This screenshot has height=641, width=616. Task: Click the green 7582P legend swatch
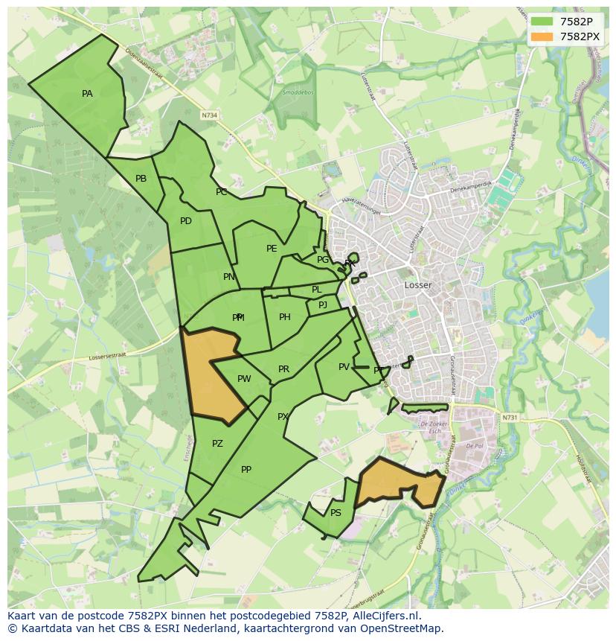[x=542, y=21]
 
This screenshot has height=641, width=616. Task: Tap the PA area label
[x=88, y=94]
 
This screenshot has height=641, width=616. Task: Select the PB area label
[x=141, y=179]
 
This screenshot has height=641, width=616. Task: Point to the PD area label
[x=186, y=221]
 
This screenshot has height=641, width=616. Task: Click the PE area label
[x=272, y=249]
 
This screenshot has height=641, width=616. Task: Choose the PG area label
[x=323, y=260]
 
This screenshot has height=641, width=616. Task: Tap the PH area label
[x=285, y=317]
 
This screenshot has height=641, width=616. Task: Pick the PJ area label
[x=323, y=305]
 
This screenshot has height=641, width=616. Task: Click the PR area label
[x=283, y=369]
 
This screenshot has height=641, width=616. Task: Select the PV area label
[x=344, y=367]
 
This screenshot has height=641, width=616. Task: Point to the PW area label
[x=244, y=379]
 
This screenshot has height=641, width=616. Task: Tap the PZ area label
[x=217, y=444]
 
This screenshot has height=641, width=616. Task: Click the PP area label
[x=246, y=470]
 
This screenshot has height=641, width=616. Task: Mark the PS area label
[x=336, y=513]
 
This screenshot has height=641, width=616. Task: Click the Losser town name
[x=418, y=285]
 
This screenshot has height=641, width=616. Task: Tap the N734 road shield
[x=210, y=115]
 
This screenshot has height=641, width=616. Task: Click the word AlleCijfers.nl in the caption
[x=387, y=616]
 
